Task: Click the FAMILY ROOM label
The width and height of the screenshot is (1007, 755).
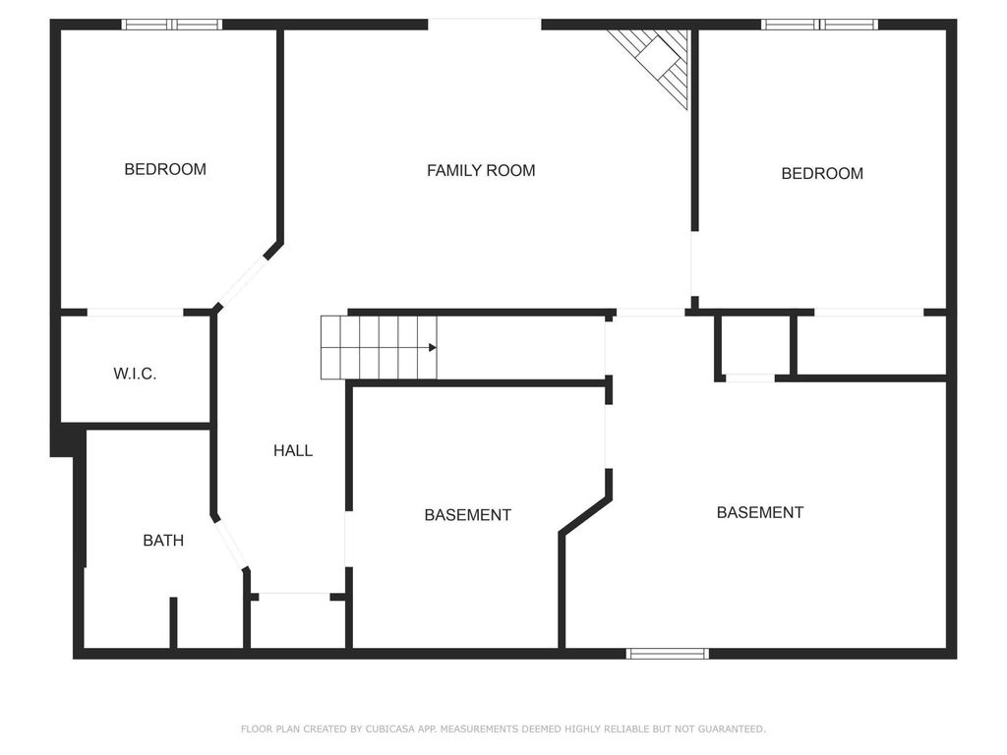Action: tap(481, 170)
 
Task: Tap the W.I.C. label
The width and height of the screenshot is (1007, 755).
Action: tap(135, 374)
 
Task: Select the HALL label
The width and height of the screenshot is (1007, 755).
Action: tap(293, 450)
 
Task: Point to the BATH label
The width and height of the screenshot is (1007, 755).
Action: tap(163, 540)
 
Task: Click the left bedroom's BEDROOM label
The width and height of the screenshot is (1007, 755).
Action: tap(165, 169)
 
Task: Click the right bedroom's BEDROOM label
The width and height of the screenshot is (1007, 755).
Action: tap(822, 173)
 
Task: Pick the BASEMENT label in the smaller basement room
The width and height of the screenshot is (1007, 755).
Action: tap(467, 515)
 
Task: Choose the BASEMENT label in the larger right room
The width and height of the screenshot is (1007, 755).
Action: tap(759, 512)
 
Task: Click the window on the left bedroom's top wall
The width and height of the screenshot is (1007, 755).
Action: tap(172, 25)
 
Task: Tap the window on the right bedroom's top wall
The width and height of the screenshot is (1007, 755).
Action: tap(820, 25)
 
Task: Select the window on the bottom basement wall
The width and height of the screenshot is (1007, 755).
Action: tap(668, 653)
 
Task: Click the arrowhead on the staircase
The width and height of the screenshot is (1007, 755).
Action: tap(433, 347)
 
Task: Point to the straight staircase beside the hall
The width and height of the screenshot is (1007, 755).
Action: tap(379, 347)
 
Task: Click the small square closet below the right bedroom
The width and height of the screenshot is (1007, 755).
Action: tap(755, 345)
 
